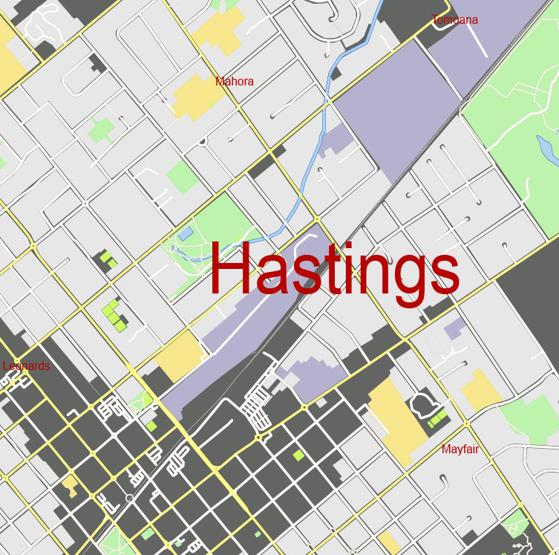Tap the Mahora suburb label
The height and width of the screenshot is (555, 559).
pos(235,82)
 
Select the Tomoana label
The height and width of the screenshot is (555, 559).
pos(454,20)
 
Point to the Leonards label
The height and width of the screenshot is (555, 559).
pos(27,366)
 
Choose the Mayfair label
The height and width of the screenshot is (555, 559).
pos(463,449)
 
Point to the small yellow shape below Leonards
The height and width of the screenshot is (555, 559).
pos(70,486)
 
